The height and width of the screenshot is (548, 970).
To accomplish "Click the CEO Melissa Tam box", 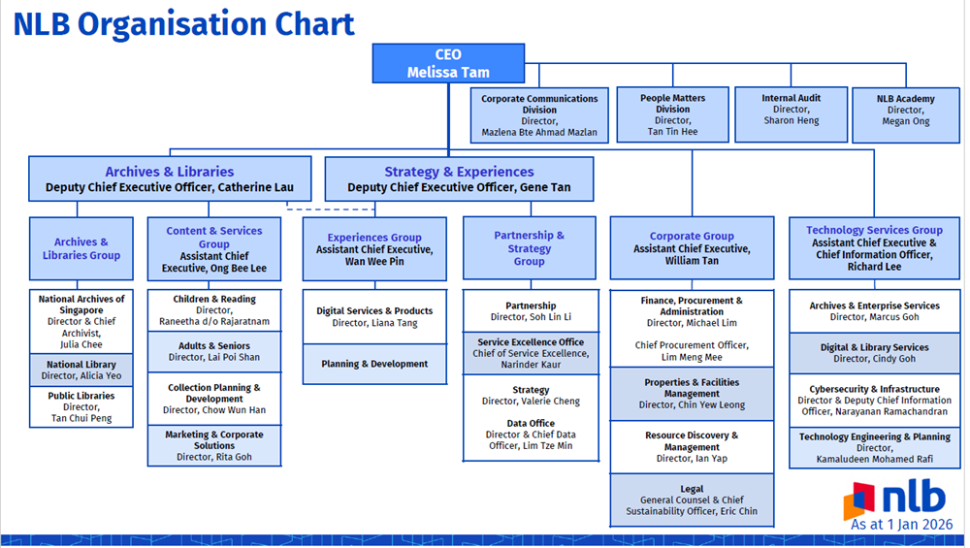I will coord(448,63).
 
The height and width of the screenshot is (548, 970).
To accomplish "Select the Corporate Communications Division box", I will coord(539,114).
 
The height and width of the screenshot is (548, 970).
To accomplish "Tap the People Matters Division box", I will coord(673,114).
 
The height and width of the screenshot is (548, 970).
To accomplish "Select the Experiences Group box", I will coord(374,248).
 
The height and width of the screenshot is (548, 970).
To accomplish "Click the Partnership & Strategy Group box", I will coord(529,248).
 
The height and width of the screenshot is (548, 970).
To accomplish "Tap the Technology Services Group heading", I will coord(874,231).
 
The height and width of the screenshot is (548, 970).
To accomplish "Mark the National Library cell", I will coord(81,371).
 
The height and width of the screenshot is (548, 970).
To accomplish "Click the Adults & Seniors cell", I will coord(214,351).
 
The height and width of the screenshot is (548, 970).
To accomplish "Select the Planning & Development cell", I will coord(374,364).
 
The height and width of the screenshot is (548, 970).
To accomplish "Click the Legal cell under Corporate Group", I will coord(692,500).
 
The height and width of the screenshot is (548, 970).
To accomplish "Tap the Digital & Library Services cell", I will coord(874,353).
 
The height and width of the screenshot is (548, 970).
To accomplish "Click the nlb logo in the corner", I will coord(894,500).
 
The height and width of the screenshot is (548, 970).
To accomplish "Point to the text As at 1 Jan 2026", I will coord(901,525).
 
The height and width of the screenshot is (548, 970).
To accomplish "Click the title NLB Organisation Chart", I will coord(184,23).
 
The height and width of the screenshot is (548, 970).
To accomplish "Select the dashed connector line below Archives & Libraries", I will coord(306,208).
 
